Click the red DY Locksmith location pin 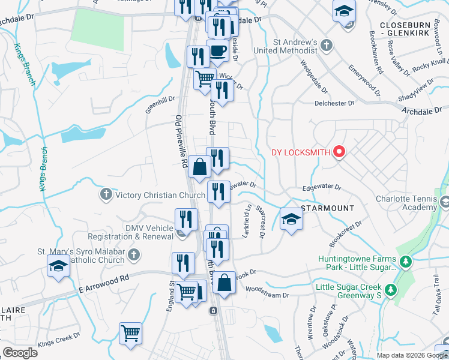tap(339, 152)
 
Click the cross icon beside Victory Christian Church tap(106, 194)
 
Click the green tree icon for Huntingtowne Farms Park tap(406, 262)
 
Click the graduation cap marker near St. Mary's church tap(58, 265)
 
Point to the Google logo tap(20, 353)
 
